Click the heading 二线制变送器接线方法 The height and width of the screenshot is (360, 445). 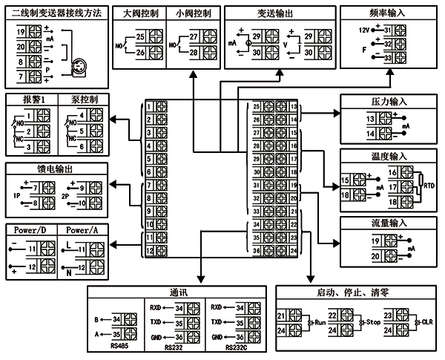pyautogui.click(x=56, y=13)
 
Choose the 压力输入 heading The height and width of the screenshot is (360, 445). pyautogui.click(x=388, y=101)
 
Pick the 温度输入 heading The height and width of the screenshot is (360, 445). pyautogui.click(x=388, y=157)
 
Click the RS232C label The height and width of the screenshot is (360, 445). pyautogui.click(x=235, y=346)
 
